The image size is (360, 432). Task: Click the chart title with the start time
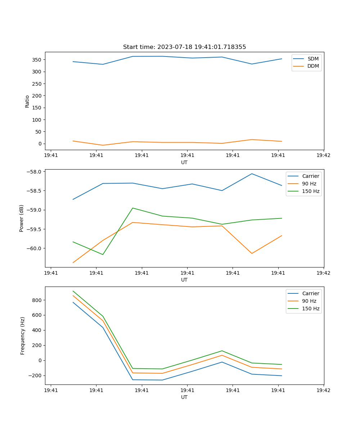[x=184, y=47]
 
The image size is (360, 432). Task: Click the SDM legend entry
[x=312, y=59]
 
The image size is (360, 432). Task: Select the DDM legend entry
[x=313, y=66]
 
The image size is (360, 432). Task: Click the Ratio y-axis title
[x=27, y=101]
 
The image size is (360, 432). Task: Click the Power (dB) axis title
[x=22, y=218]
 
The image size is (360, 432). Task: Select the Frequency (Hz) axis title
[x=23, y=336]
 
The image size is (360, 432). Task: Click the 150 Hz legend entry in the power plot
[x=310, y=191]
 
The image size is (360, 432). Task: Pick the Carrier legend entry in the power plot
[x=310, y=176]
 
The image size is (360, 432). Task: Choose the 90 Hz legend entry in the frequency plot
[x=310, y=301]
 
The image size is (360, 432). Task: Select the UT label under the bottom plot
[x=184, y=397]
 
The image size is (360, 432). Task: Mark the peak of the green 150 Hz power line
[x=133, y=208]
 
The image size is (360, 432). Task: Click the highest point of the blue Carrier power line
[x=252, y=174]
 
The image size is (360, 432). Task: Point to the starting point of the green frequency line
[x=73, y=291]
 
